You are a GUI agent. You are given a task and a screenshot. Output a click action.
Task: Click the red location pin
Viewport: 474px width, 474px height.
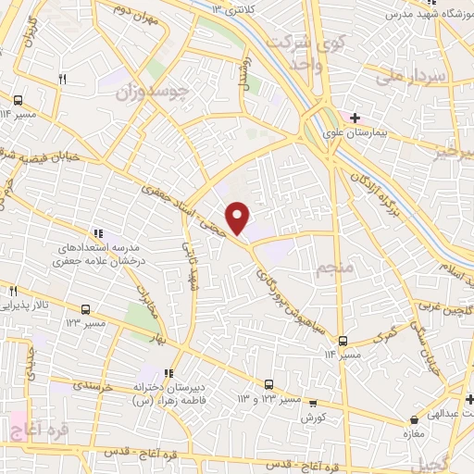(239, 217)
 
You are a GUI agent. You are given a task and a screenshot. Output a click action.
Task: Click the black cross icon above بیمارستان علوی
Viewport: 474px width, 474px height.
(355, 118)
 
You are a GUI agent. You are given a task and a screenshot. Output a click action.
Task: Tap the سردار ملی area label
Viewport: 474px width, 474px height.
(418, 78)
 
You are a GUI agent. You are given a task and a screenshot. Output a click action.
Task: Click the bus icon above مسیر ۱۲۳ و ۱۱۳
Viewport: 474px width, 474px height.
(268, 383)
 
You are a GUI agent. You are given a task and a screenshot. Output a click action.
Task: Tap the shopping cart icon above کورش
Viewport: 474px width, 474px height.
(314, 403)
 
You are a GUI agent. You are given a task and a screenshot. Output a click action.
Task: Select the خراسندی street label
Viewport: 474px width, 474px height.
(94, 387)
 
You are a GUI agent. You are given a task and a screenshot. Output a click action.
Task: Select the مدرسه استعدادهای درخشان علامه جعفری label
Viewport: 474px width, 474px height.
(98, 256)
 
